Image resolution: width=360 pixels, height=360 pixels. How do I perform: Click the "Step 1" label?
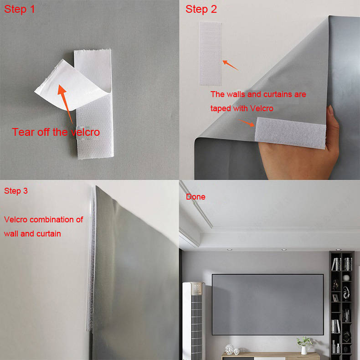19,9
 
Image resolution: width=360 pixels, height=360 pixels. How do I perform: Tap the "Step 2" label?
201,9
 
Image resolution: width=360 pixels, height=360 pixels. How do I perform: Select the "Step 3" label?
16,191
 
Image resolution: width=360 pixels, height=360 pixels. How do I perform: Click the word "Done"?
195,197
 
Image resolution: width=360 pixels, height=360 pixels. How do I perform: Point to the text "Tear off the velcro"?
56,132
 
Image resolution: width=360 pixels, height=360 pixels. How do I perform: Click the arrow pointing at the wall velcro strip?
230,65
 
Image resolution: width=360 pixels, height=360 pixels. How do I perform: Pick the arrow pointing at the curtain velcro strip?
248,123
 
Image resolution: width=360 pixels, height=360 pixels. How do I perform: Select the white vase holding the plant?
304,350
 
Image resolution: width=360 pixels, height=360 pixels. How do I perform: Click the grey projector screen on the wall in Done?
267,303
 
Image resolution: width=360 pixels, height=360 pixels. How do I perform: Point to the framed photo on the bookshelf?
335,298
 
